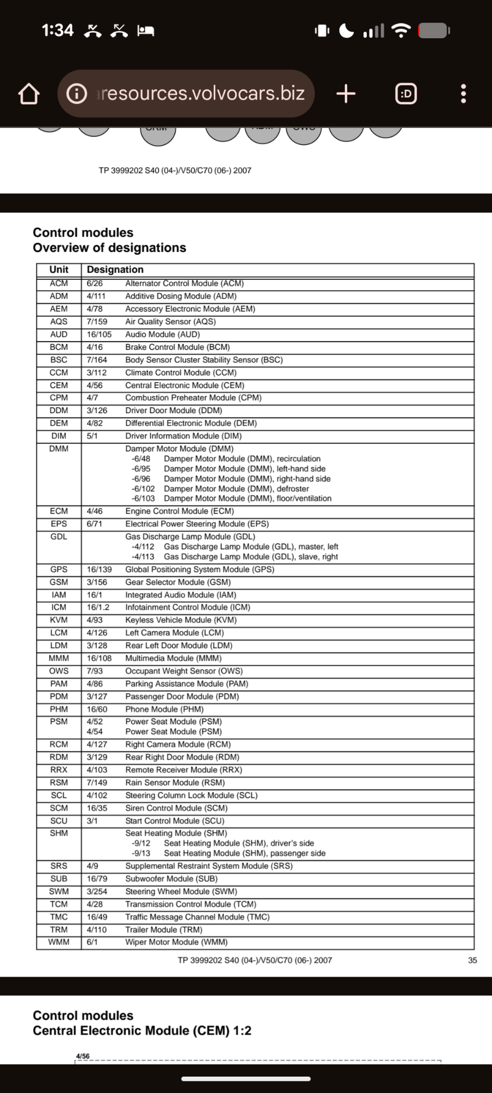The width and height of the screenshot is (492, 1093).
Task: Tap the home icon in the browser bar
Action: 29,94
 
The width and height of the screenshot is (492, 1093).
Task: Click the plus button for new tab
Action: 346,94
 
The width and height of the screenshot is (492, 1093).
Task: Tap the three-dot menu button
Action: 464,94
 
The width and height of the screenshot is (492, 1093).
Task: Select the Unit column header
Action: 59,269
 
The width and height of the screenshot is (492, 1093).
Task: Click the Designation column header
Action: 115,269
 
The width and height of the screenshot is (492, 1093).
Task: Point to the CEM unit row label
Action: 59,385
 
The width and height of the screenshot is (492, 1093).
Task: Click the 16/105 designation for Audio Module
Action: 99,334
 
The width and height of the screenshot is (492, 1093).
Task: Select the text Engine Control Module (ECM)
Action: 179,511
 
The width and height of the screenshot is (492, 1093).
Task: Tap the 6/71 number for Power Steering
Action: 95,524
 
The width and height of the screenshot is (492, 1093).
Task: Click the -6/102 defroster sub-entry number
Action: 143,489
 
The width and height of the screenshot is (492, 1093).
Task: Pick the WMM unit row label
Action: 59,942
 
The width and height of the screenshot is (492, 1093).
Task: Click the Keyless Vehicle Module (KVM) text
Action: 181,620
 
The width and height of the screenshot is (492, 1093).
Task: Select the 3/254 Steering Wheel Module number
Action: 97,891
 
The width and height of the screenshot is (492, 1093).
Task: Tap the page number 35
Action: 472,960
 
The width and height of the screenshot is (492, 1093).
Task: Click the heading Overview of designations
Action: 109,248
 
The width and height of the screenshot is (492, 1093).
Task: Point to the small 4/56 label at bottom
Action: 83,1056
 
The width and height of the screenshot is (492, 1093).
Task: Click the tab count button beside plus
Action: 406,94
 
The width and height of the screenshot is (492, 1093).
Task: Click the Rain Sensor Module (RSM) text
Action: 175,783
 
